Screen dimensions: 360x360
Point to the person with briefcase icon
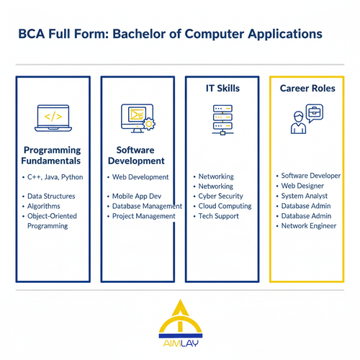[304, 120]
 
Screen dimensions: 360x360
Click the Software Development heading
[136, 155]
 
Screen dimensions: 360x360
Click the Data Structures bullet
[51, 196]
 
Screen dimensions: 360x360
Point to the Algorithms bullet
[45, 206]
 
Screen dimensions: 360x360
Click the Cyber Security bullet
[221, 196]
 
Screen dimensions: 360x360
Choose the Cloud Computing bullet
[225, 206]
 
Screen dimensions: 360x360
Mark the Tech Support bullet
[218, 216]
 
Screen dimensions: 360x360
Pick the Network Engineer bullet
[308, 226]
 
